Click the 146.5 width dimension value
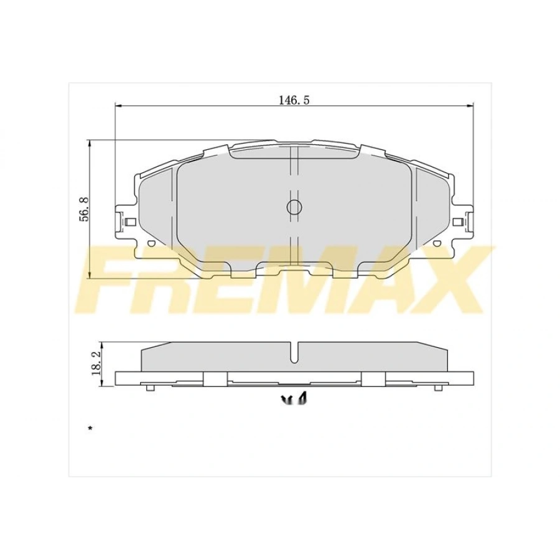[x=294, y=100]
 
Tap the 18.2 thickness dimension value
[x=96, y=360]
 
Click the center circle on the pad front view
[x=294, y=207]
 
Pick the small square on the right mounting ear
[x=458, y=222]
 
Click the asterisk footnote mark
[x=90, y=429]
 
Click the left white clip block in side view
[x=215, y=379]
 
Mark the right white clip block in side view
[x=373, y=379]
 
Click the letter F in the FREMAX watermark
[x=115, y=280]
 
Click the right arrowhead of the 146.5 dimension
[x=470, y=106]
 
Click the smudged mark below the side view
[x=296, y=399]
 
